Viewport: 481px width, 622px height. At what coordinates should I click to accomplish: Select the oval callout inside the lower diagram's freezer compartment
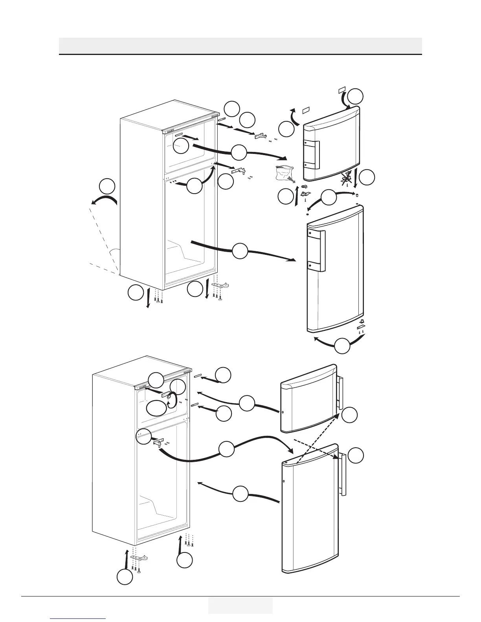pyautogui.click(x=156, y=409)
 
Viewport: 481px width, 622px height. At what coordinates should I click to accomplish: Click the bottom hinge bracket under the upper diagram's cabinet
pyautogui.click(x=220, y=284)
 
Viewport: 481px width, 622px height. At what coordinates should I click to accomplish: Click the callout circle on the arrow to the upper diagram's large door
pyautogui.click(x=240, y=251)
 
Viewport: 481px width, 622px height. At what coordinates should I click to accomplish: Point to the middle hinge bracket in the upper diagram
pyautogui.click(x=240, y=170)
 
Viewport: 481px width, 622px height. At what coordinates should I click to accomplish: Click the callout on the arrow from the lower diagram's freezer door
pyautogui.click(x=247, y=403)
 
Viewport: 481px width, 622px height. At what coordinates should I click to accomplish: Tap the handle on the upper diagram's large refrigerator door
pyautogui.click(x=318, y=251)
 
